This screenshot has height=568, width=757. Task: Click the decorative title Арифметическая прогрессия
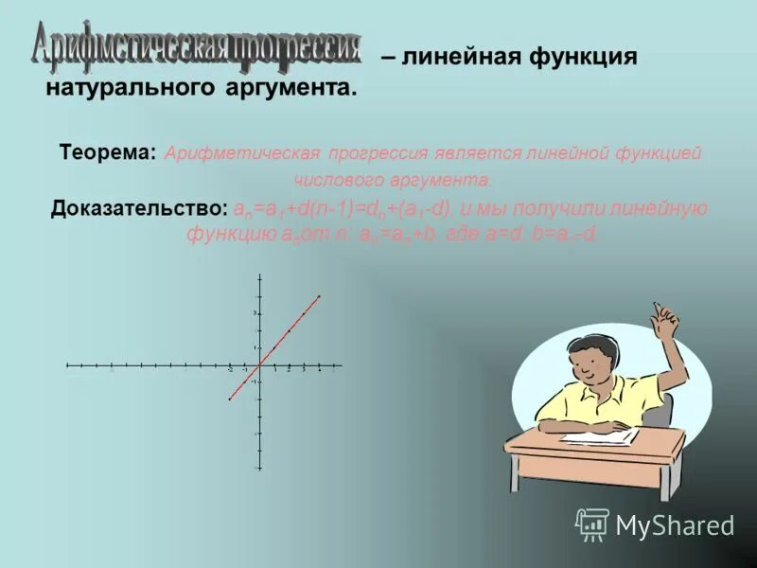(x=197, y=44)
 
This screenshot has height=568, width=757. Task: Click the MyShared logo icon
(x=592, y=524)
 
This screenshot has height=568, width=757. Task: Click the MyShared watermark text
(x=674, y=526)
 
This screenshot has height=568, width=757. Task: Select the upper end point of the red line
(x=319, y=296)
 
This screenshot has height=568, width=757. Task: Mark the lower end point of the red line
(x=229, y=399)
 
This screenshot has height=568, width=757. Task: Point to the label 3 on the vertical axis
(x=254, y=312)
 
